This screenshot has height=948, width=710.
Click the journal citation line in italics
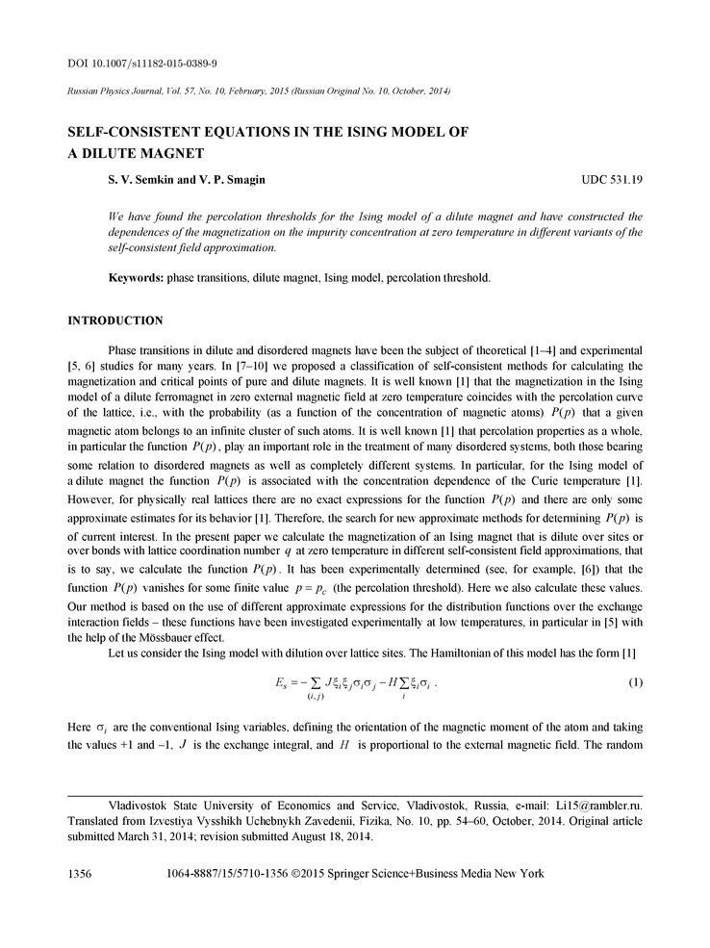[259, 90]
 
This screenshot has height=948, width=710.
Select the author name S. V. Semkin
[139, 180]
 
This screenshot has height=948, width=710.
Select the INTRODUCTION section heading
[114, 320]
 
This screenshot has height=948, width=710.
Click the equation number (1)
[635, 683]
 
